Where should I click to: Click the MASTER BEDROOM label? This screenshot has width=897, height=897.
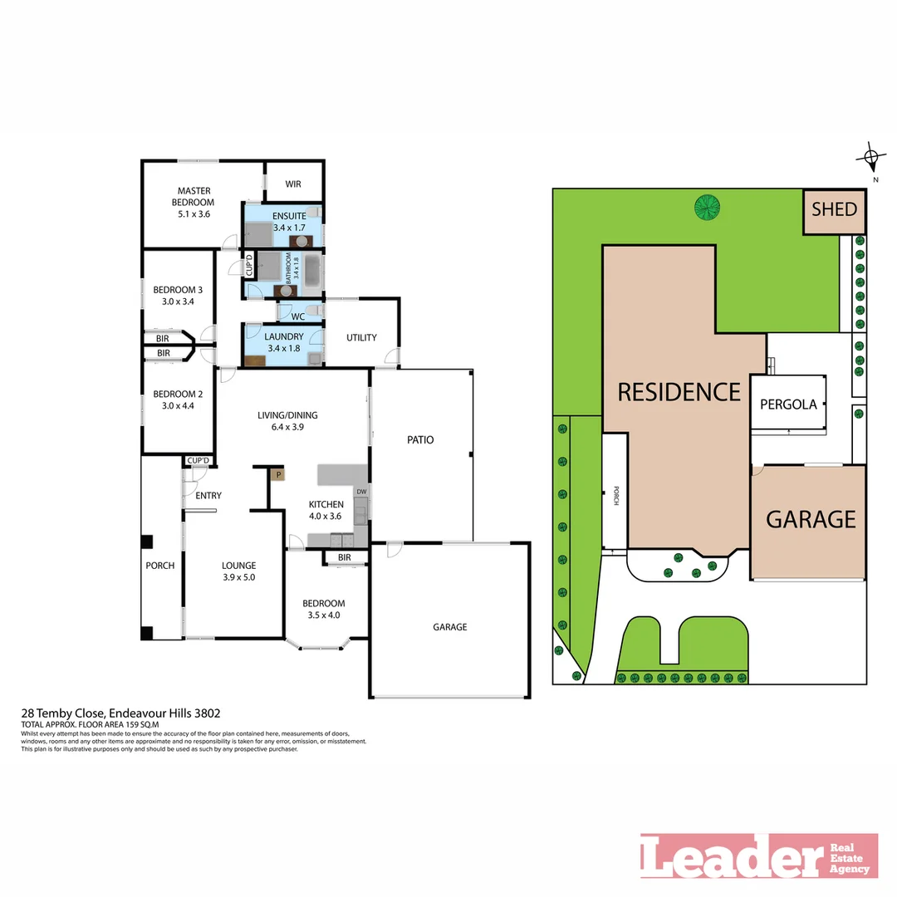tap(193, 202)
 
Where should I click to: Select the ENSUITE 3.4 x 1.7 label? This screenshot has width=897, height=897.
tap(283, 220)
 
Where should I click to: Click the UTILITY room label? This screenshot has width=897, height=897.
tap(361, 337)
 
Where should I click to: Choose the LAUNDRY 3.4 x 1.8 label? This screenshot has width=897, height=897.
tap(284, 342)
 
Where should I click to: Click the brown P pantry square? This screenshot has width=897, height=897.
tap(279, 475)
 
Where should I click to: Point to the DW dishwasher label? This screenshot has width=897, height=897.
tap(360, 493)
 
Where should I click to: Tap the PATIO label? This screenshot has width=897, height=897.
tap(420, 440)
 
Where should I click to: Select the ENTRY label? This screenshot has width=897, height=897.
tap(208, 496)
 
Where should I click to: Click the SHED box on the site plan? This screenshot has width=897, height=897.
tap(834, 210)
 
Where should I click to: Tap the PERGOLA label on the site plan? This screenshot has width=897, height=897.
tap(788, 405)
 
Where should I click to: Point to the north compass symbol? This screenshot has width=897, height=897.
tap(871, 157)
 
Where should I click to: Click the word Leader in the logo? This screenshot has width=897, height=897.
tap(731, 855)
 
